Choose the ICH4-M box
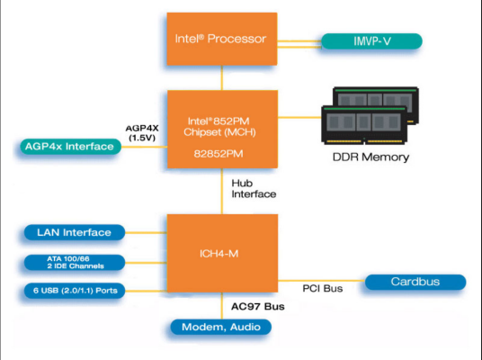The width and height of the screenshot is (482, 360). point(221,252)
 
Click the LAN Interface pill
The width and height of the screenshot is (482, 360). point(75,232)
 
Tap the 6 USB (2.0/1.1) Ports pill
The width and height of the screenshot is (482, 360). point(75,291)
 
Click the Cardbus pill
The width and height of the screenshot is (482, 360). point(415,282)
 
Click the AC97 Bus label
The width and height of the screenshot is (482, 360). point(257,306)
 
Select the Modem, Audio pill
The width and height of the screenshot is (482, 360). point(221,327)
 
